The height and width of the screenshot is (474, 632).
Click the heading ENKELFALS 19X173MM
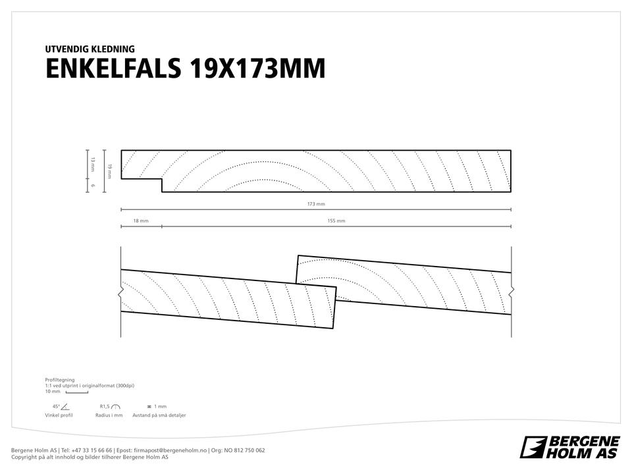pyautogui.click(x=186, y=68)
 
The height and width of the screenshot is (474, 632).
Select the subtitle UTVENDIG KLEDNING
pyautogui.click(x=90, y=49)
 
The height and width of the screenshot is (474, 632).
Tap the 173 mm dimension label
pyautogui.click(x=316, y=204)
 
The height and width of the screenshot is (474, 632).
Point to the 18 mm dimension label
pyautogui.click(x=141, y=221)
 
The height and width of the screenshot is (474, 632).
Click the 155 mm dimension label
pyautogui.click(x=336, y=221)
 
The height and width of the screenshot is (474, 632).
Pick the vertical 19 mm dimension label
pyautogui.click(x=110, y=171)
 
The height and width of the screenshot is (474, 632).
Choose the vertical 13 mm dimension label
pyautogui.click(x=93, y=165)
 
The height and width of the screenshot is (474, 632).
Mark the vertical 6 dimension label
pyautogui.click(x=93, y=186)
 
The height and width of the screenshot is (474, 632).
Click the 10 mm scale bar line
pyautogui.click(x=76, y=392)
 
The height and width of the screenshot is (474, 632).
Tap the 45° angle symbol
pyautogui.click(x=65, y=407)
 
